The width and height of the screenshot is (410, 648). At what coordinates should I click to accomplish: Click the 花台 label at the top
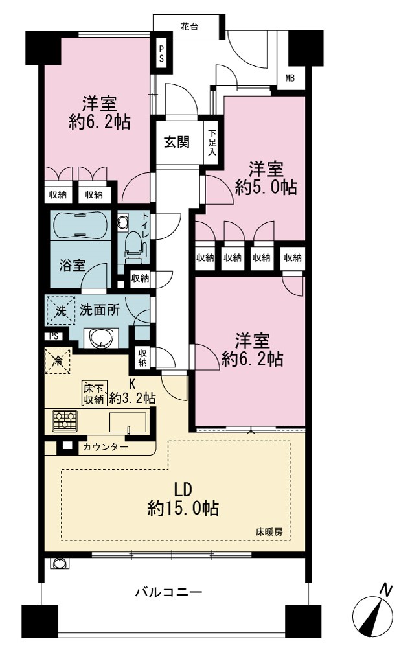coord(189,27)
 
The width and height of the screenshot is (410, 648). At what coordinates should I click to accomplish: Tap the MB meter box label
coord(290,77)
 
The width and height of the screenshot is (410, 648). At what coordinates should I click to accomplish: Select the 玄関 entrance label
coord(177,142)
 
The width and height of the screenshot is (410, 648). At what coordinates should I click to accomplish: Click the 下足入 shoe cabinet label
coord(212,143)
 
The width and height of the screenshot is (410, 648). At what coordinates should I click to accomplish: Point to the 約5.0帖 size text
coord(266,188)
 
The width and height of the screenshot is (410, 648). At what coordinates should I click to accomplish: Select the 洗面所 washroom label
coord(100,310)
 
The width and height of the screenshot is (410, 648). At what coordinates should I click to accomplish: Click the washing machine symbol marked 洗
coord(60,311)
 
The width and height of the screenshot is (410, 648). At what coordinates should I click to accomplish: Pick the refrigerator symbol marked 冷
coord(58,361)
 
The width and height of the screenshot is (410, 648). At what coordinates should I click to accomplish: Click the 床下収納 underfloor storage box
coord(95,393)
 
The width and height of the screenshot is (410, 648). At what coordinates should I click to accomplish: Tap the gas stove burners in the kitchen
coord(65,421)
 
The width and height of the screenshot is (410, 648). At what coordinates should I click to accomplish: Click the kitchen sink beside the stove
coord(128,422)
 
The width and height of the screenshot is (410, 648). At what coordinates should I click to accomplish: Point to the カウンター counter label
coord(106,447)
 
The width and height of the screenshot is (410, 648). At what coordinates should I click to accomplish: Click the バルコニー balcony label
coord(169,593)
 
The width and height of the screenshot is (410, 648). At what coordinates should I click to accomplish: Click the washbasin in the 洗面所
coord(101,338)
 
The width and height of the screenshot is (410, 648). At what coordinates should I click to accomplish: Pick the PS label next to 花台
coord(161,52)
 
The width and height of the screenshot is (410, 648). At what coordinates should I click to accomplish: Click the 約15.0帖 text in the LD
coord(183,508)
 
